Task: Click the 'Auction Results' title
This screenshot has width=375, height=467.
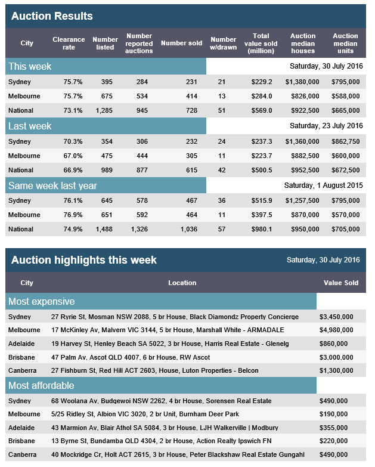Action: click(x=52, y=16)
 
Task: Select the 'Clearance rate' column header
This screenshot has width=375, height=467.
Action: click(x=69, y=43)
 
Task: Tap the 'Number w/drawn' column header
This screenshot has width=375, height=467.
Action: click(x=223, y=43)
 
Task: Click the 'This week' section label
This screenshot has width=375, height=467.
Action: click(x=30, y=66)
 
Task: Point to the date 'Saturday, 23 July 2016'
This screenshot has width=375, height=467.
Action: click(x=326, y=126)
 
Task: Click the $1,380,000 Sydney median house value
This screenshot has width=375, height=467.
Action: click(x=302, y=82)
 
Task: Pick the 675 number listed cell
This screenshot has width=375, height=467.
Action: click(x=107, y=96)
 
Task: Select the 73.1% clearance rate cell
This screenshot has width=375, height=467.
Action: click(x=73, y=110)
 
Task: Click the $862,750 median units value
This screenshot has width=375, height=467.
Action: click(x=346, y=141)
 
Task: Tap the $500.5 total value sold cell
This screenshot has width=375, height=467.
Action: click(x=262, y=170)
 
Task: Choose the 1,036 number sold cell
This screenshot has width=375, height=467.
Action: click(x=188, y=229)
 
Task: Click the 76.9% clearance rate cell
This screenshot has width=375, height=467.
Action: click(x=73, y=215)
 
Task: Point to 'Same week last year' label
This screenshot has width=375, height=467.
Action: click(x=52, y=185)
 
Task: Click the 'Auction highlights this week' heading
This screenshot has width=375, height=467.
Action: click(x=84, y=260)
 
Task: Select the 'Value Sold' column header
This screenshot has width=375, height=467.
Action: click(x=341, y=283)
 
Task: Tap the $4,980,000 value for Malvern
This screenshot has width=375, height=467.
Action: click(x=336, y=330)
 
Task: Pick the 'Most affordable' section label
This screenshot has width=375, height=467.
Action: click(x=41, y=385)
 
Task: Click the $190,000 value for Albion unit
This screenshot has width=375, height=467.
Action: click(x=333, y=414)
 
